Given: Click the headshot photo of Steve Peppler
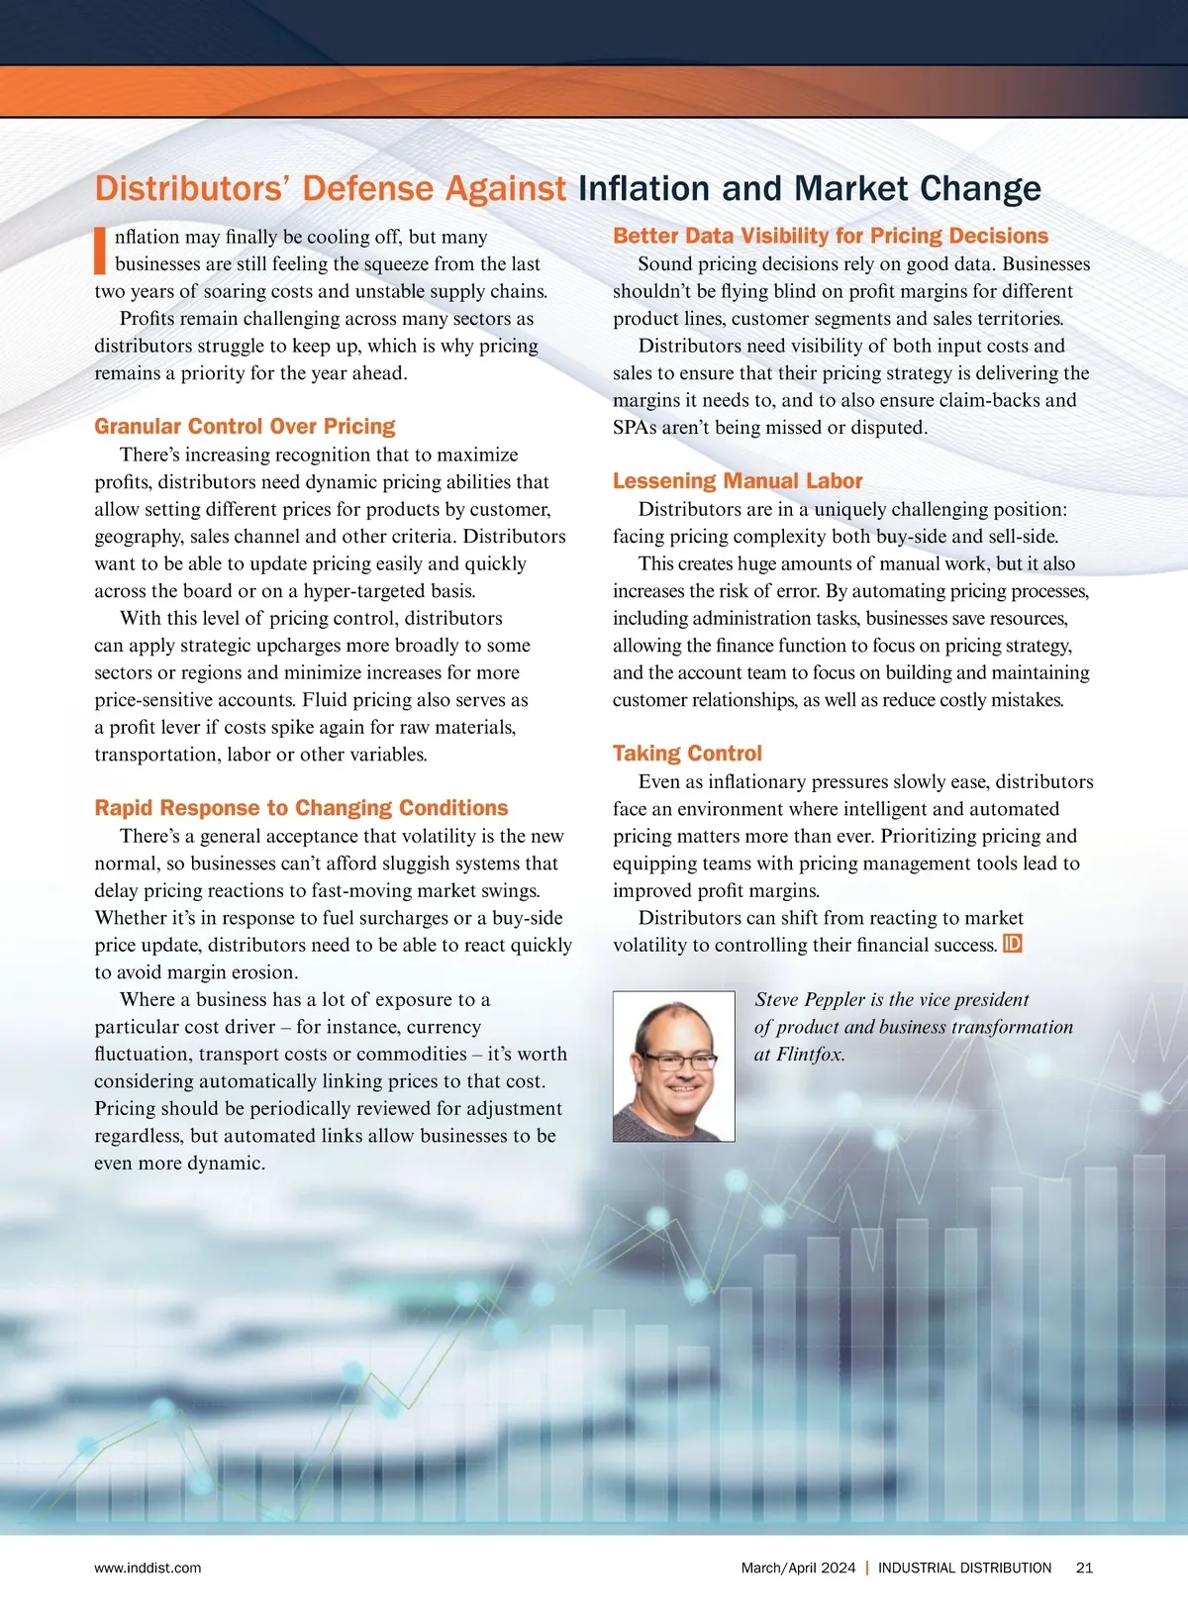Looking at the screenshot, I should click(x=673, y=1065).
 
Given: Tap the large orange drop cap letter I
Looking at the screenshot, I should click(x=99, y=250).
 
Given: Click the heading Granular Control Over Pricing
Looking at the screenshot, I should click(x=245, y=427).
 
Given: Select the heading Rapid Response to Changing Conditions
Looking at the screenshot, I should click(x=301, y=808).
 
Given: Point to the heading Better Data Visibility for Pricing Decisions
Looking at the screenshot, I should click(x=830, y=236).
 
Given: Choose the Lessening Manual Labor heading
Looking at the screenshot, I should click(x=737, y=481).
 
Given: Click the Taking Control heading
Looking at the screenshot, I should click(x=687, y=754).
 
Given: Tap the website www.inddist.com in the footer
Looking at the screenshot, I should click(x=148, y=1568).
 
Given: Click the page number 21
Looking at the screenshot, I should click(x=1084, y=1568).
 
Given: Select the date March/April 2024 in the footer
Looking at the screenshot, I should click(x=798, y=1568).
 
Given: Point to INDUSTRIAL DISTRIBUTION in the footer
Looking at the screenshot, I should click(x=964, y=1568).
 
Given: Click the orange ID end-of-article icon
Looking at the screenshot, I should click(x=1012, y=944).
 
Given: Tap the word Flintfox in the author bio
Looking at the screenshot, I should click(x=810, y=1055).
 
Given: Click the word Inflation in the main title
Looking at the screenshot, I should click(x=643, y=188).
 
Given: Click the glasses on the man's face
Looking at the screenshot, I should click(x=676, y=1062).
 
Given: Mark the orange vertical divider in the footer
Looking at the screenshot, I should click(x=867, y=1568).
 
